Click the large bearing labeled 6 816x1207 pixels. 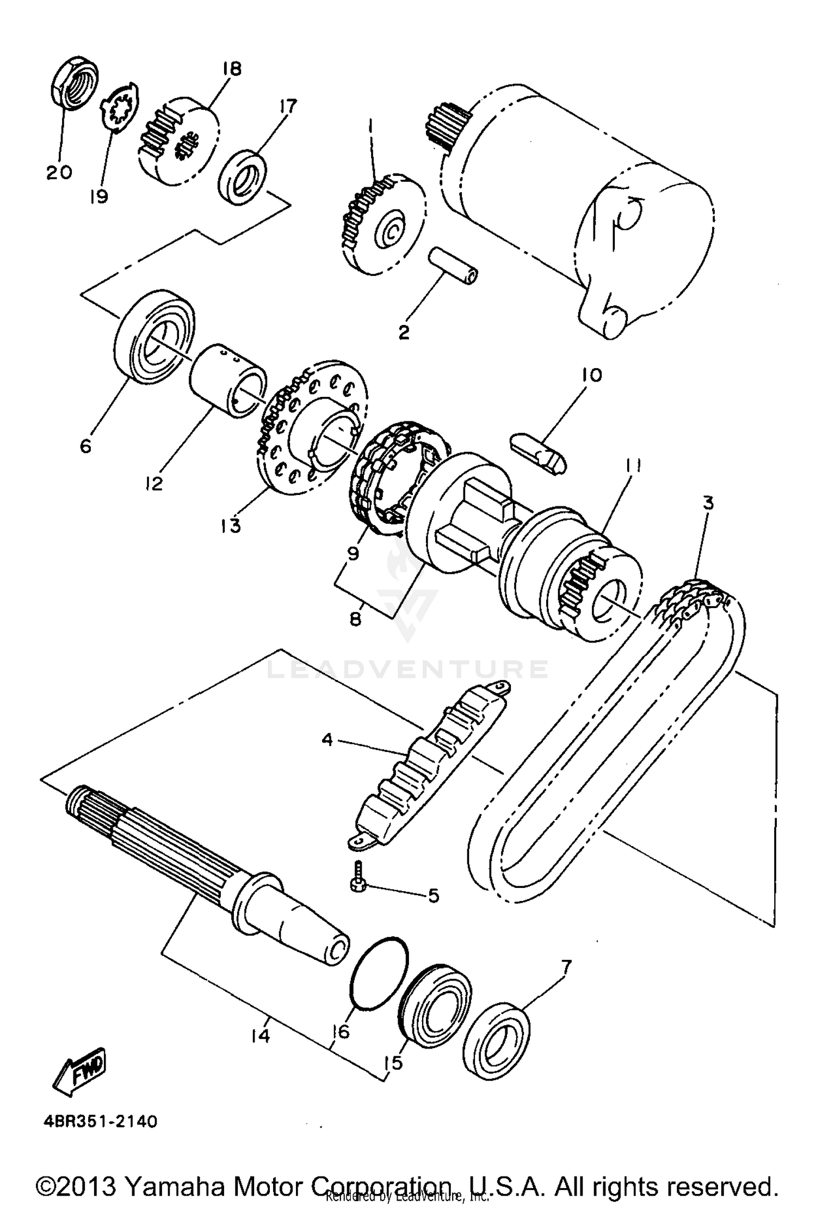pyautogui.click(x=155, y=338)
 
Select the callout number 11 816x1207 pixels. pyautogui.click(x=633, y=465)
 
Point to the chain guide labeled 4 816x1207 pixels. pyautogui.click(x=430, y=767)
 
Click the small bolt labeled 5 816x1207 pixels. pyautogui.click(x=360, y=883)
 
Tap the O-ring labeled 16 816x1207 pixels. pyautogui.click(x=379, y=973)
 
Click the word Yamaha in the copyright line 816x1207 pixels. pyautogui.click(x=177, y=1186)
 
